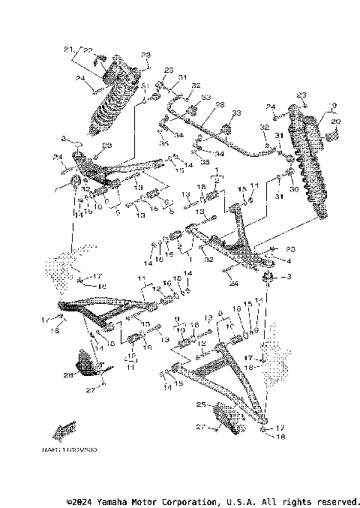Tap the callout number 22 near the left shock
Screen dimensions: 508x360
point(86,50)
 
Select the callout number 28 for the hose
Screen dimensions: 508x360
point(220,104)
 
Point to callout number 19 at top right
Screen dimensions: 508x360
point(334,106)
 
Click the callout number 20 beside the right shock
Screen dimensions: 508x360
point(334,121)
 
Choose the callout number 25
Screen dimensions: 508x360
point(200,404)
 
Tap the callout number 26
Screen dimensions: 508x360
point(67,375)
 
